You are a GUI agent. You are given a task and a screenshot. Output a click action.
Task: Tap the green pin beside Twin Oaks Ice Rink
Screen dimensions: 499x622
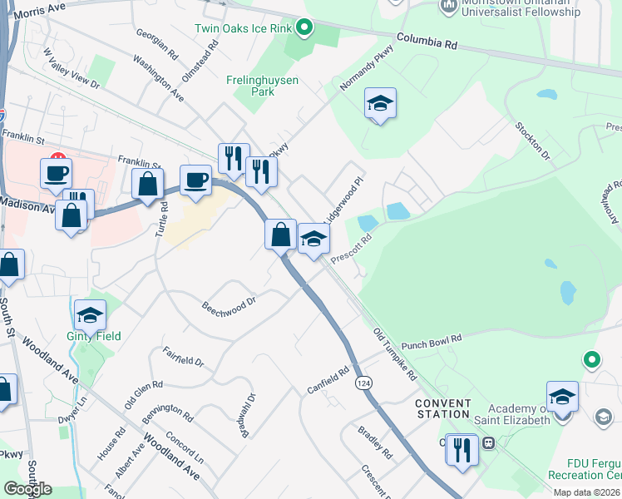click(304, 28)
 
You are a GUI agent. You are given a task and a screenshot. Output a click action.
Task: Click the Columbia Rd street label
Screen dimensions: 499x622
click(428, 39)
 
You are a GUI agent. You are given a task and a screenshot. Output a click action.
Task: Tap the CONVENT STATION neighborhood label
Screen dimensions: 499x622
click(443, 408)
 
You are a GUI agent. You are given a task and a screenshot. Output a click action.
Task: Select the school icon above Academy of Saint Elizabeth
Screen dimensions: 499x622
click(562, 397)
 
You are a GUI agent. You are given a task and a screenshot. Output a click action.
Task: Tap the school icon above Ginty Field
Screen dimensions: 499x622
click(90, 315)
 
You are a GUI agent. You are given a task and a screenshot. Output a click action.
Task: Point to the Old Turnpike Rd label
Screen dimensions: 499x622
click(395, 354)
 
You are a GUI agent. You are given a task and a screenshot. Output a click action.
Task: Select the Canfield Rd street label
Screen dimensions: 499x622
click(330, 380)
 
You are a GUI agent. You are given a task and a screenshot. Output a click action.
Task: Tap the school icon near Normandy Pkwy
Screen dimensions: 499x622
click(380, 103)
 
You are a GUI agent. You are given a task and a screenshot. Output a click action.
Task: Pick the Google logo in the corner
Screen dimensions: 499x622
click(27, 489)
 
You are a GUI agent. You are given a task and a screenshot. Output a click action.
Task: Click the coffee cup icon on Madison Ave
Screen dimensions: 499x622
click(196, 180)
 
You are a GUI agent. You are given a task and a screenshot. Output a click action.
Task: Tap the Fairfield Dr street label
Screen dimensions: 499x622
click(183, 356)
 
